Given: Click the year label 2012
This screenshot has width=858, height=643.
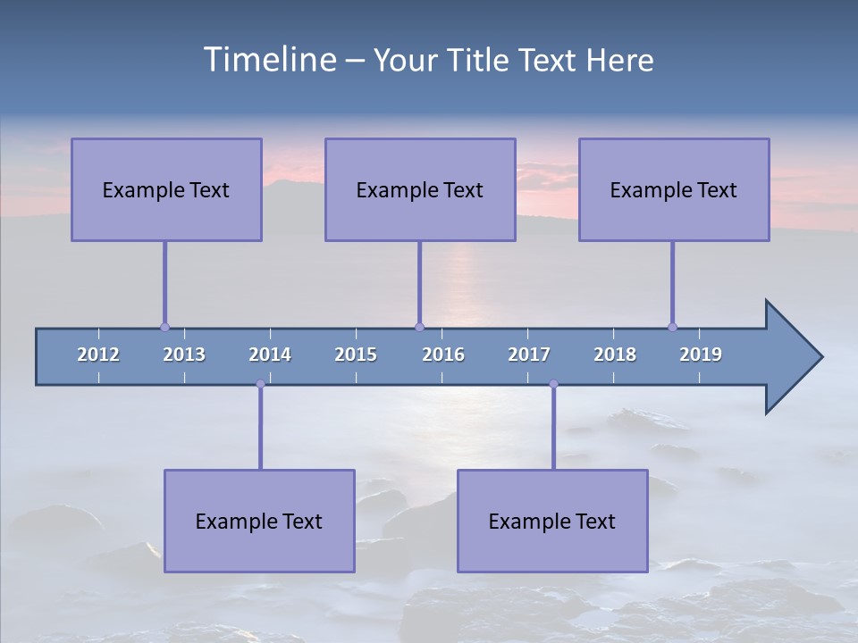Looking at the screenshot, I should point(98,355).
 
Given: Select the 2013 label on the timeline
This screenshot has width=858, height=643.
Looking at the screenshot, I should point(184,355).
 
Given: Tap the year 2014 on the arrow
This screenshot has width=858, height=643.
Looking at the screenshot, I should point(270,355).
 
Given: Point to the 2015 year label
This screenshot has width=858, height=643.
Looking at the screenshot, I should point(356,355).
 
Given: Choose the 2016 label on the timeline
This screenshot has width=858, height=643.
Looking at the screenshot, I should point(443,355).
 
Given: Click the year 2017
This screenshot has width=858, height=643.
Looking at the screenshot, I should point(529,355).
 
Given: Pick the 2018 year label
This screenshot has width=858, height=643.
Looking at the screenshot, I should point(615,355).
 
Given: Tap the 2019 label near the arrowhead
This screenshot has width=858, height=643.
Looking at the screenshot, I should point(701,355).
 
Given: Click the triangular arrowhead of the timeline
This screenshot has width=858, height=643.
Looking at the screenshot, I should point(792,357).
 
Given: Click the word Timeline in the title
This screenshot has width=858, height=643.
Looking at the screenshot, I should point(269,60).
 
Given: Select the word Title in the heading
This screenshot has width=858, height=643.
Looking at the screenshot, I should point(479,61).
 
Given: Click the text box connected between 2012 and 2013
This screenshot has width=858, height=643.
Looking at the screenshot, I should point(166,189).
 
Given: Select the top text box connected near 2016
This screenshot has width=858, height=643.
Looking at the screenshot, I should point(420,189).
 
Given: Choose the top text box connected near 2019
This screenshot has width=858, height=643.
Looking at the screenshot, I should point(674,189).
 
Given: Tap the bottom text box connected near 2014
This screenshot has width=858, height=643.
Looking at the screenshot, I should point(259,521).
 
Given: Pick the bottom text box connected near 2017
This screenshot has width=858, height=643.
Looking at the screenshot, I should point(552,521).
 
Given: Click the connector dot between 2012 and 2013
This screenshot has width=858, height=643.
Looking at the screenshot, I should point(164,327).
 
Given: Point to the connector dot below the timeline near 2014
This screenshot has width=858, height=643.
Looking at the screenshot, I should point(260,384).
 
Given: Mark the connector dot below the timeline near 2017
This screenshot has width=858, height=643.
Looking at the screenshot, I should point(553,384).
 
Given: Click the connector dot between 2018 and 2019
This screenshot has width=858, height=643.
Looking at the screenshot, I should point(672,327).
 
